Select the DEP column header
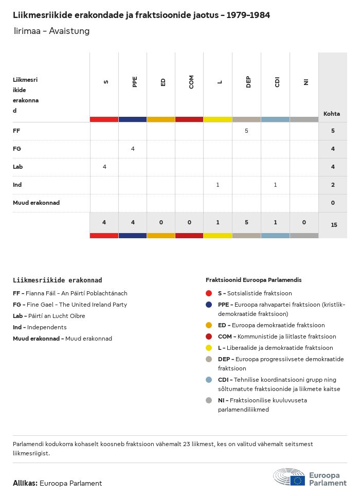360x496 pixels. [x=248, y=82]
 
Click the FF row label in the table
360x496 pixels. [x=16, y=131]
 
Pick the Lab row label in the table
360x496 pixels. [x=18, y=167]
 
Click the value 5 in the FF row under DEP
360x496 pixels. [x=246, y=131]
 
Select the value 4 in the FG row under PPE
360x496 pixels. [x=133, y=149]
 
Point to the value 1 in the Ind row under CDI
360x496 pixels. [x=275, y=185]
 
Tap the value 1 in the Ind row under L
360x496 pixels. [x=218, y=185]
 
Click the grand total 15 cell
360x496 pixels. [x=334, y=225]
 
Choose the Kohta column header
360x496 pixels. [x=332, y=114]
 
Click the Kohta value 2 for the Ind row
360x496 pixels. [x=333, y=185]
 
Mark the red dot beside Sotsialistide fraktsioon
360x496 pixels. [x=209, y=293]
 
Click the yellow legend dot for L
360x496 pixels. [x=209, y=348]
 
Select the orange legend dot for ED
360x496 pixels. [x=209, y=325]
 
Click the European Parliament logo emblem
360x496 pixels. [x=289, y=477]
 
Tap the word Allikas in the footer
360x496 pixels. [x=25, y=483]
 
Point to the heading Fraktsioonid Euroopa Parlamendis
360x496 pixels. [x=254, y=280]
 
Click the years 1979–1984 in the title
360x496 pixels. [x=246, y=15]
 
